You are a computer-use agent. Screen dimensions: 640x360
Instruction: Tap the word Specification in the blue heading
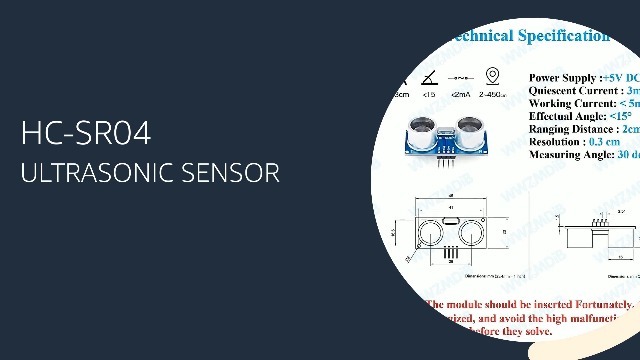pyautogui.click(x=563, y=36)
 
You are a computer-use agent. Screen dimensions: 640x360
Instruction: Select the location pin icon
pyautogui.click(x=492, y=76)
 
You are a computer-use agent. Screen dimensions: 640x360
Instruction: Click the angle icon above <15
pyautogui.click(x=429, y=77)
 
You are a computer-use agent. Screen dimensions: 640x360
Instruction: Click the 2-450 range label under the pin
pyautogui.click(x=492, y=95)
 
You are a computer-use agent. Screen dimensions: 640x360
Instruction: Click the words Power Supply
pyautogui.click(x=563, y=77)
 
